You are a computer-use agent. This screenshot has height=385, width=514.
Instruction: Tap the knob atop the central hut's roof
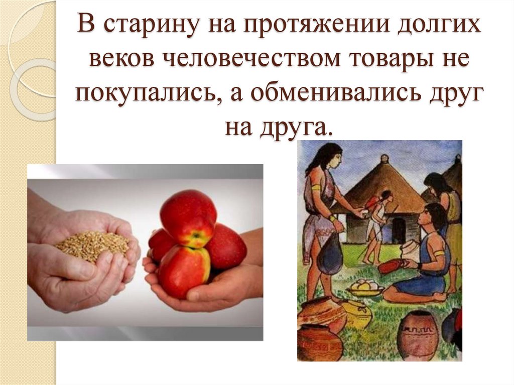pyautogui.click(x=384, y=159)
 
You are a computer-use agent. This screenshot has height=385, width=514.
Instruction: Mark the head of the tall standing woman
pyautogui.click(x=326, y=157)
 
